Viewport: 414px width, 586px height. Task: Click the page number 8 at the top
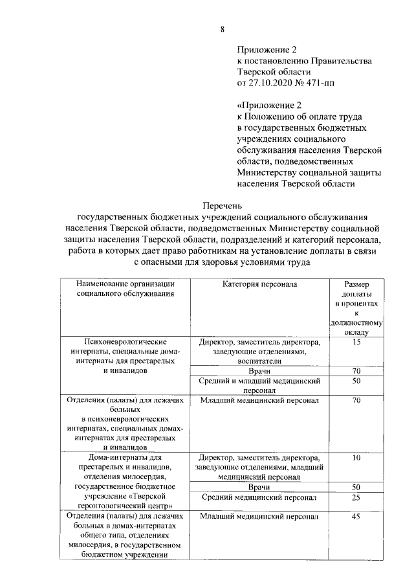223,29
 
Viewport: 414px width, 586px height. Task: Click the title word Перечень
223,205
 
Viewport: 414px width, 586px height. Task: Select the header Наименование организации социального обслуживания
124,289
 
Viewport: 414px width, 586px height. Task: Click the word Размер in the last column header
356,284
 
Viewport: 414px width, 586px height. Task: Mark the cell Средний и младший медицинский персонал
259,386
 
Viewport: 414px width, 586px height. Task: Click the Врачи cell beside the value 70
259,370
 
